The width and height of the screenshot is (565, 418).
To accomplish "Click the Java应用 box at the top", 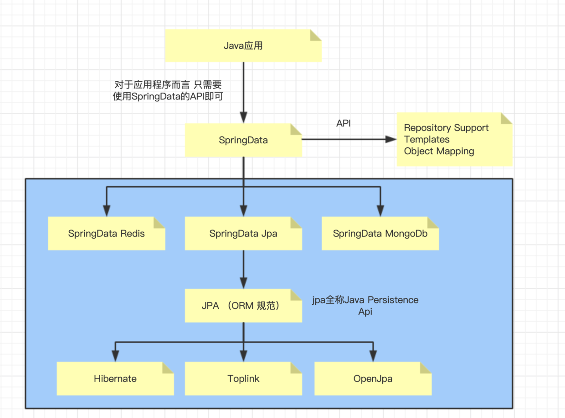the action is pyautogui.click(x=243, y=46).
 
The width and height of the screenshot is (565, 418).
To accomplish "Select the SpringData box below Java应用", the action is pyautogui.click(x=243, y=140).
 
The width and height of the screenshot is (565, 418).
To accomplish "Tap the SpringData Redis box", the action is pyautogui.click(x=107, y=234).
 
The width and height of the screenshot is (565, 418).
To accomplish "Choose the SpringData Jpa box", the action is pyautogui.click(x=243, y=234).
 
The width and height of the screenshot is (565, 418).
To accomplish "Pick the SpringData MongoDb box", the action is pyautogui.click(x=380, y=234).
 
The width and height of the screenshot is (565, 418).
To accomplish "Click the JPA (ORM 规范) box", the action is pyautogui.click(x=243, y=306).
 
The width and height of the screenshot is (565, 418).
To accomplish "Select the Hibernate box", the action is pyautogui.click(x=115, y=379).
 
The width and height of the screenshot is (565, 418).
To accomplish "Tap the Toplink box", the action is pyautogui.click(x=243, y=379).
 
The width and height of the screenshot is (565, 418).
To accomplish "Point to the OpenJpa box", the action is pyautogui.click(x=373, y=379).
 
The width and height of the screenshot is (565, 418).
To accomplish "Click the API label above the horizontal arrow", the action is pyautogui.click(x=344, y=123).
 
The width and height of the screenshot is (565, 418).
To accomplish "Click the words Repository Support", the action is pyautogui.click(x=446, y=128).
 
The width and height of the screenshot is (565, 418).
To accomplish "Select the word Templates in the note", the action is pyautogui.click(x=426, y=139).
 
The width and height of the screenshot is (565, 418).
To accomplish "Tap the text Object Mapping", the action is pyautogui.click(x=439, y=151).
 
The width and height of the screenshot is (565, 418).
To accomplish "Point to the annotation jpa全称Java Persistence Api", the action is pyautogui.click(x=365, y=306).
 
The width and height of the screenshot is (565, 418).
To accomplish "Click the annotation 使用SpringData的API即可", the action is pyautogui.click(x=168, y=96).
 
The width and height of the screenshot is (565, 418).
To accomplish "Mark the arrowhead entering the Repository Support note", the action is pyautogui.click(x=391, y=139).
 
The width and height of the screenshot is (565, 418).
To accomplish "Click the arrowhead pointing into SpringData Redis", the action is pyautogui.click(x=107, y=211).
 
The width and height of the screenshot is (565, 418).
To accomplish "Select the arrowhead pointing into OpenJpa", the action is pyautogui.click(x=373, y=356).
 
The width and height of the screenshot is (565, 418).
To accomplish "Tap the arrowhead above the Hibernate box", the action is pyautogui.click(x=115, y=356).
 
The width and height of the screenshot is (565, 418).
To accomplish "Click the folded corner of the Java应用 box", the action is pyautogui.click(x=316, y=35).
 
